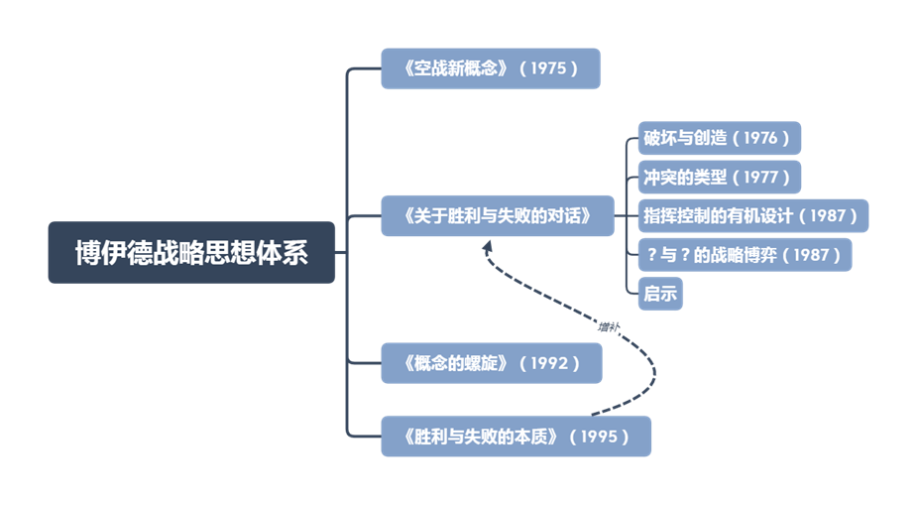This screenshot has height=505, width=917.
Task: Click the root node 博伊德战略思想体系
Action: (191, 253)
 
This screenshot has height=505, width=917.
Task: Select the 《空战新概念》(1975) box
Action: (491, 68)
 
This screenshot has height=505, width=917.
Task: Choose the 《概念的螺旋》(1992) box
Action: (491, 363)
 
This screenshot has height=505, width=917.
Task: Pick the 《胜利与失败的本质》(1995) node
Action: (516, 436)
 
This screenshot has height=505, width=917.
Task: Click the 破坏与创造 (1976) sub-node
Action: (719, 138)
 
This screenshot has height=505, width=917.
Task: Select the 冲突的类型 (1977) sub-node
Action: (719, 177)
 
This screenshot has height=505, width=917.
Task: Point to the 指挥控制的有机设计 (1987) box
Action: (752, 215)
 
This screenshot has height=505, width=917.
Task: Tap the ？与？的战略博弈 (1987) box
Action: (745, 255)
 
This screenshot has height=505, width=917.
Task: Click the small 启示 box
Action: (660, 294)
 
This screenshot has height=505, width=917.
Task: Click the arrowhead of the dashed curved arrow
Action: (488, 245)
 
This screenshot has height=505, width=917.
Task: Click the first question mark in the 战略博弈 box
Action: (651, 255)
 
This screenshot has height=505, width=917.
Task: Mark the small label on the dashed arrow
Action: (609, 324)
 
